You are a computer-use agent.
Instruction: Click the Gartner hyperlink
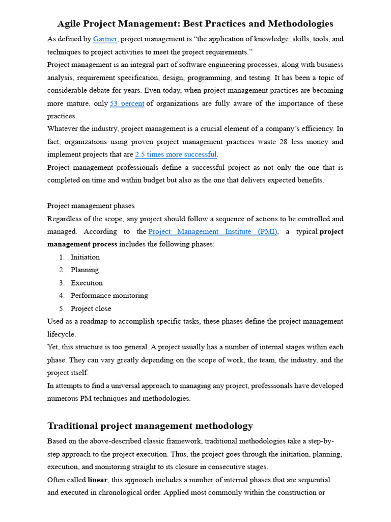(105, 39)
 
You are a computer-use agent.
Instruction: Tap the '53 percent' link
(127, 103)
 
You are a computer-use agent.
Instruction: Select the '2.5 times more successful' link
(176, 154)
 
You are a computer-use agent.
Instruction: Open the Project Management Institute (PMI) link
(213, 231)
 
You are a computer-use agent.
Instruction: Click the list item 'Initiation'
(85, 257)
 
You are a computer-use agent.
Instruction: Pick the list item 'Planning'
(85, 270)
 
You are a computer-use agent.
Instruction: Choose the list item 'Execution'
(87, 283)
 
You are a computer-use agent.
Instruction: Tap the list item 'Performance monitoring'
(109, 296)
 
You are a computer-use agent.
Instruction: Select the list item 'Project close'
(91, 309)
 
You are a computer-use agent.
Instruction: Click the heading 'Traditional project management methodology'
(150, 426)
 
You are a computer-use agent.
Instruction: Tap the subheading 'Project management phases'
(91, 206)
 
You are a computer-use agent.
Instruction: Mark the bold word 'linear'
(97, 480)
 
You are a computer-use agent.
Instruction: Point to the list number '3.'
(62, 283)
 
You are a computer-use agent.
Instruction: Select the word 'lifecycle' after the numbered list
(61, 334)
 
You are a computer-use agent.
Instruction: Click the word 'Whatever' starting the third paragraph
(62, 129)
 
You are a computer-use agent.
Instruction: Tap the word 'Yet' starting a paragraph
(53, 347)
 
